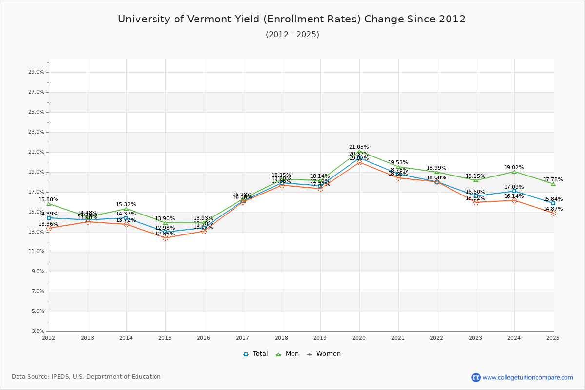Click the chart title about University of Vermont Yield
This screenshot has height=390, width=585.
292,19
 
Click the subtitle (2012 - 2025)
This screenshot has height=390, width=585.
292,35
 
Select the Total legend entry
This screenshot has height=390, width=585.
255,354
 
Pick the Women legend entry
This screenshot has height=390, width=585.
323,354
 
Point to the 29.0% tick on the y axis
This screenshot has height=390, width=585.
37,72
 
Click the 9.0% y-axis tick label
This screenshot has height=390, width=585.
38,272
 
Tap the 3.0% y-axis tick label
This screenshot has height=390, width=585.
38,331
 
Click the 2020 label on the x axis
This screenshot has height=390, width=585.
359,338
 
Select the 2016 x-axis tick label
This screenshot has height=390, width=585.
204,338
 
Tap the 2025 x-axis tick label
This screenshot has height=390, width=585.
553,338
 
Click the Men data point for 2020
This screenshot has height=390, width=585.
359,152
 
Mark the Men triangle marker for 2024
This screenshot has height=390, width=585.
514,172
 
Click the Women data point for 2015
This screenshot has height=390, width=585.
165,238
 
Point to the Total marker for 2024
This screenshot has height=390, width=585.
514,191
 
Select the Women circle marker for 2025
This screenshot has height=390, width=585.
553,213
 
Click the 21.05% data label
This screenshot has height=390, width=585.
359,147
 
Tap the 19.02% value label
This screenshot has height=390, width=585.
514,167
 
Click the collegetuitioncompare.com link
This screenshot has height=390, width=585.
527,377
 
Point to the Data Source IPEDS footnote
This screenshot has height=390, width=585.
86,377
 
